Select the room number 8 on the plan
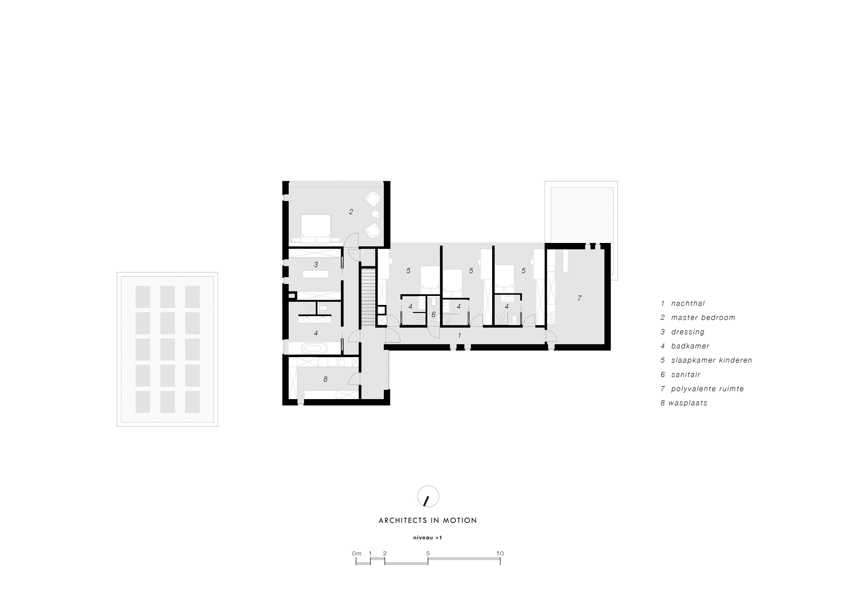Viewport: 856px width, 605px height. tap(326, 379)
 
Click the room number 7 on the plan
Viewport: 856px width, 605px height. tap(579, 298)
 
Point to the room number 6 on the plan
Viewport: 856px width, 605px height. tap(433, 315)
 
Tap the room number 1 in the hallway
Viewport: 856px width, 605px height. tap(459, 335)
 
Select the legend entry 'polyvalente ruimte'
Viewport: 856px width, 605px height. tap(707, 389)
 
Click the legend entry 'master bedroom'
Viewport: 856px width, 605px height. tap(703, 318)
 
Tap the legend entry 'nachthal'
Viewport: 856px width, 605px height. tap(688, 303)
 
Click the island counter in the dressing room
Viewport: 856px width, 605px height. tap(316, 274)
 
